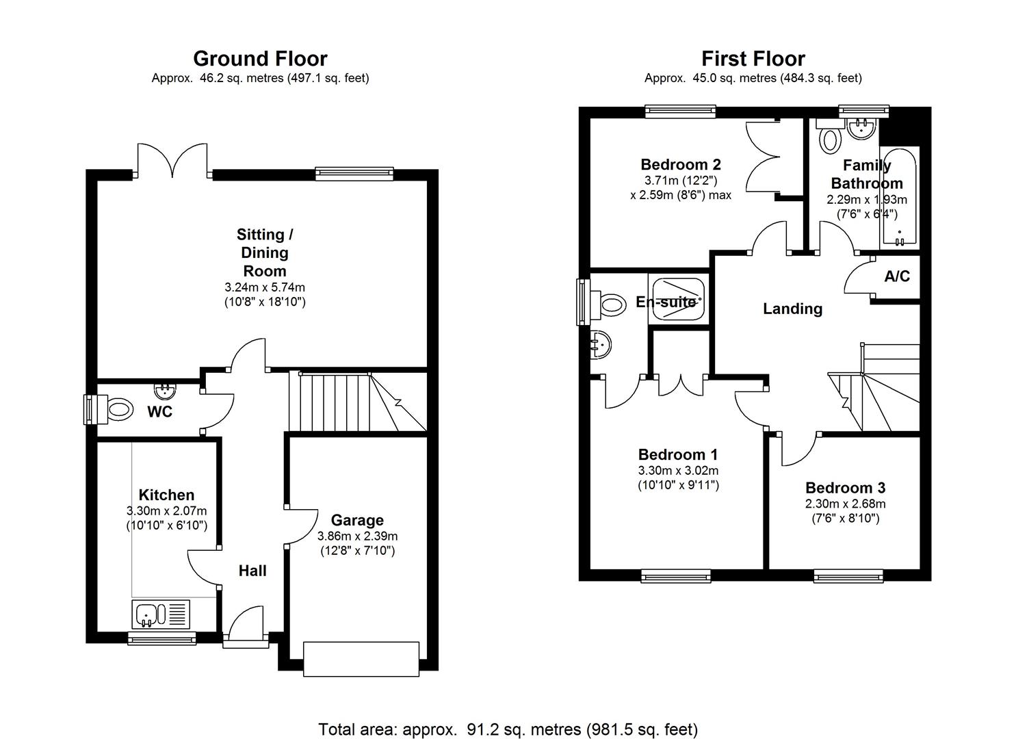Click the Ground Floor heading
(x=260, y=59)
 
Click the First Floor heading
(x=753, y=59)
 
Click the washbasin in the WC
(x=165, y=391)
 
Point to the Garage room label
(x=357, y=520)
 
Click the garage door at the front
(x=361, y=659)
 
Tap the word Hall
(x=252, y=571)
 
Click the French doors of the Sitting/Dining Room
(x=172, y=161)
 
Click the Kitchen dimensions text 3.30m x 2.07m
(x=166, y=510)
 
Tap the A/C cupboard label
(x=897, y=276)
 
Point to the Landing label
(x=792, y=309)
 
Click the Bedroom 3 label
(x=845, y=488)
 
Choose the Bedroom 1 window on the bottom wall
(x=676, y=576)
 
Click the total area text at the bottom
(x=508, y=729)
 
